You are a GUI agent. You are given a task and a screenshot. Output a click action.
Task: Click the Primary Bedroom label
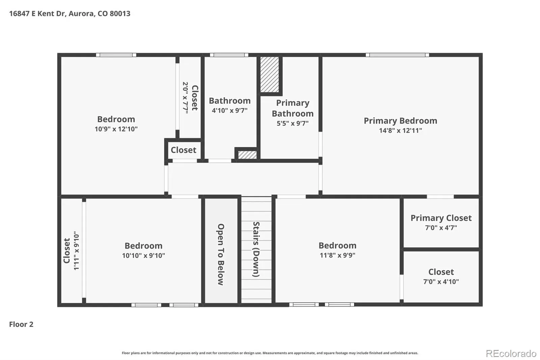pyautogui.click(x=400, y=121)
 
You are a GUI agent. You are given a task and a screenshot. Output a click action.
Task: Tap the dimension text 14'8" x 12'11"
pyautogui.click(x=400, y=131)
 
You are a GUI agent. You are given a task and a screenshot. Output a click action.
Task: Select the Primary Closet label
pyautogui.click(x=441, y=218)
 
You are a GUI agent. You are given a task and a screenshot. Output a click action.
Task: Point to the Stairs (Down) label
pyautogui.click(x=256, y=249)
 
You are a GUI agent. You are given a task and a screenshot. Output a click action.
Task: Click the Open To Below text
pyautogui.click(x=221, y=255)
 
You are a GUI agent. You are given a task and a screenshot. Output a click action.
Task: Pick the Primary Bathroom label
pyautogui.click(x=293, y=108)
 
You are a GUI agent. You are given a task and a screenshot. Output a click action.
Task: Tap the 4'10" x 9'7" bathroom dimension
pyautogui.click(x=230, y=110)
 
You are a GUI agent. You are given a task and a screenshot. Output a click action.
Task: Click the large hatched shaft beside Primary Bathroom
pyautogui.click(x=270, y=74)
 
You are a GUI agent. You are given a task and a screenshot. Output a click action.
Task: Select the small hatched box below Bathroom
pyautogui.click(x=247, y=155)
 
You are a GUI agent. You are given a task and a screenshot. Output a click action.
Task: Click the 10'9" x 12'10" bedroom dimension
pyautogui.click(x=116, y=129)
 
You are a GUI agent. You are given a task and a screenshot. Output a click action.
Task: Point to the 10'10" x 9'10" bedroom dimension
pyautogui.click(x=143, y=256)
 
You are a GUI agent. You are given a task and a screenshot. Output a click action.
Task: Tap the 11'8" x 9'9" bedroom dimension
pyautogui.click(x=337, y=255)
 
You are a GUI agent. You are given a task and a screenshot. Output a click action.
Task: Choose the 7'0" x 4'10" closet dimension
pyautogui.click(x=441, y=282)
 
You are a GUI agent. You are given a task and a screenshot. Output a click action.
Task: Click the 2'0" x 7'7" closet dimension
pyautogui.click(x=185, y=98)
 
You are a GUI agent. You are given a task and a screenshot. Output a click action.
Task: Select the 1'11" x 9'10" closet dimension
pyautogui.click(x=76, y=251)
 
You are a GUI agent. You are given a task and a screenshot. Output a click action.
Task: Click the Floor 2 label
pyautogui.click(x=21, y=324)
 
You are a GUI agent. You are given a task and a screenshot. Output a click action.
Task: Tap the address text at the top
pyautogui.click(x=70, y=14)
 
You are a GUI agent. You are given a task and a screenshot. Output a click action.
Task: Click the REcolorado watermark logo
pyautogui.click(x=511, y=354)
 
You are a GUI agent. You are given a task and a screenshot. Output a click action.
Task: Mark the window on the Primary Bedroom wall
pyautogui.click(x=397, y=55)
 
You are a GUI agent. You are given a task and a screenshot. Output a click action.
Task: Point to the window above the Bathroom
pyautogui.click(x=229, y=55)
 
